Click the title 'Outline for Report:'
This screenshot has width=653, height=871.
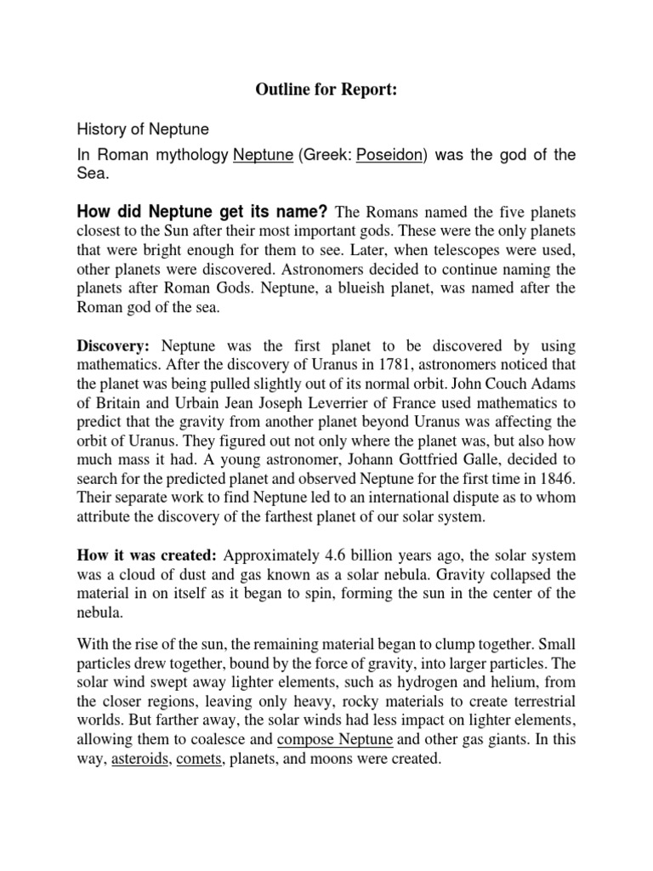pyautogui.click(x=326, y=92)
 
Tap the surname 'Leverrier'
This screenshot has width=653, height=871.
pyautogui.click(x=358, y=403)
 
